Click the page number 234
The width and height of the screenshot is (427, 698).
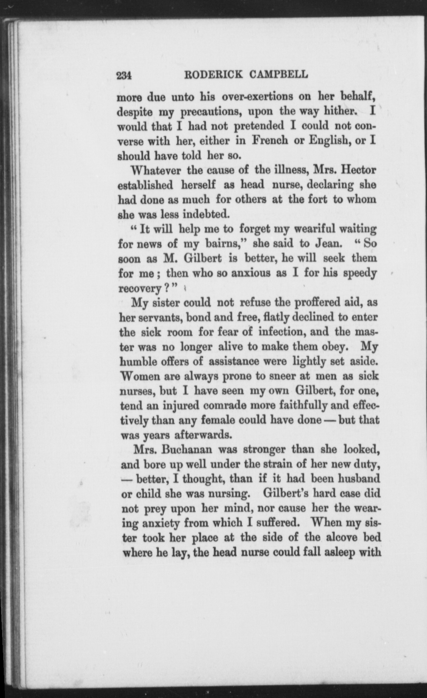[x=123, y=75]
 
